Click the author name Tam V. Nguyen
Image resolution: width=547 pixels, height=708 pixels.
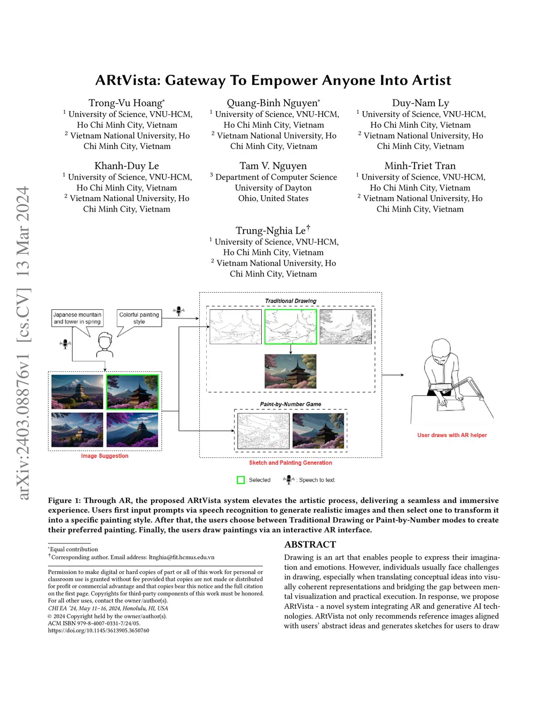pos(273,166)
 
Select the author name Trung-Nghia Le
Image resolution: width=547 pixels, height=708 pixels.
pos(271,230)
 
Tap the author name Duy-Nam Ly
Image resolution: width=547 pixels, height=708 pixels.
pos(420,103)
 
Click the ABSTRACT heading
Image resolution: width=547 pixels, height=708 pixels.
pos(310,544)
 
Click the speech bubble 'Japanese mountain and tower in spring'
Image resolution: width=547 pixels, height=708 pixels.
pos(77,318)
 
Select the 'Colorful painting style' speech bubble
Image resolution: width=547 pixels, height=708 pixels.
pos(139,318)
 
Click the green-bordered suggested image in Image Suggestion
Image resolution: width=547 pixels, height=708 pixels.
pos(132,392)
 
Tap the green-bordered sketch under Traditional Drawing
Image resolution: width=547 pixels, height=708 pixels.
pos(291,326)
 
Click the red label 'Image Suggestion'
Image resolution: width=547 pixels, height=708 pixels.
pos(105,456)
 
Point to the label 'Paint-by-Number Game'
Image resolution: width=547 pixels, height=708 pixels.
pos(291,404)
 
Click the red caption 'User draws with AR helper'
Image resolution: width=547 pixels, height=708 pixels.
pos(452,435)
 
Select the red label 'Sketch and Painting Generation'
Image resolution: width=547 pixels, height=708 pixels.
pos(291,463)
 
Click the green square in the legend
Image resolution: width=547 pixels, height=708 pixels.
pos(240,480)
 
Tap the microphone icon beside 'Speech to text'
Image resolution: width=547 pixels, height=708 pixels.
pos(288,479)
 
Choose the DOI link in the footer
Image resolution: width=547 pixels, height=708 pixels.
pos(98,631)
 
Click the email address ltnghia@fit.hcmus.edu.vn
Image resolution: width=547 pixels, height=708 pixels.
pos(181,557)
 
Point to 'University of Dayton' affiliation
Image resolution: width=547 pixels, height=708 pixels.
pos(273,188)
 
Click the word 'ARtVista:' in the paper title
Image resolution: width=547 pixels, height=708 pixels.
pos(127,80)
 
